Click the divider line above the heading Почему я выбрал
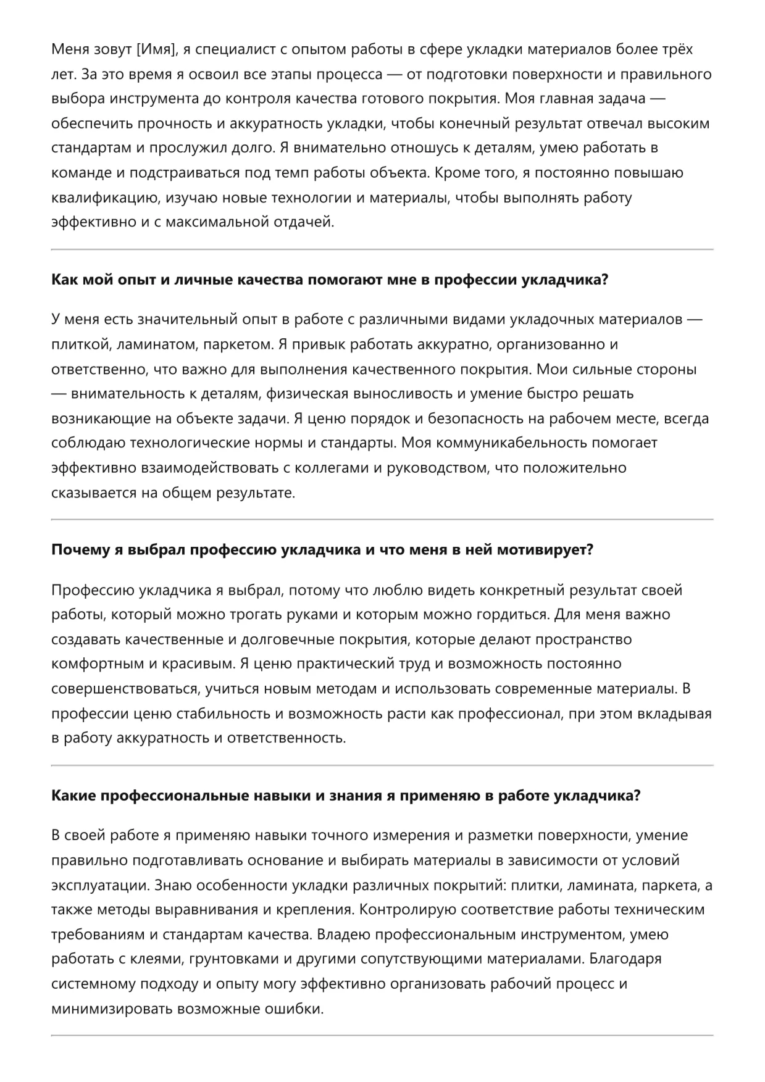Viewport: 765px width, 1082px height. pos(382,520)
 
